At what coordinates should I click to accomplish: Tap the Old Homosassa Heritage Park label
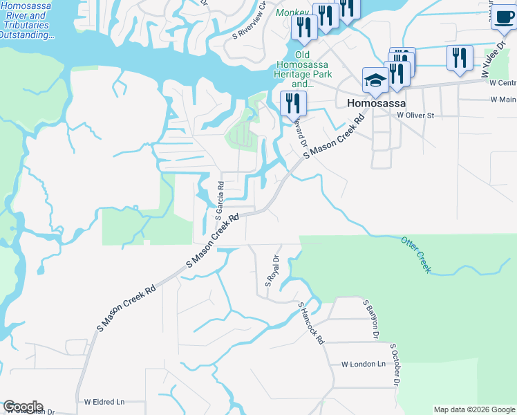[x=304, y=69]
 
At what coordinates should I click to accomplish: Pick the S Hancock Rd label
[x=311, y=323]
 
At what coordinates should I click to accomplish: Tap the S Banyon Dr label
[x=370, y=318]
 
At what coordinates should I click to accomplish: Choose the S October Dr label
[x=395, y=365]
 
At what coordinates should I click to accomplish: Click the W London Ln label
[x=363, y=364]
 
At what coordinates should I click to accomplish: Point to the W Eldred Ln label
[x=104, y=401]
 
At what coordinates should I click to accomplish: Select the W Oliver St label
[x=415, y=116]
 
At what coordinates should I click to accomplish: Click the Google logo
[x=23, y=407]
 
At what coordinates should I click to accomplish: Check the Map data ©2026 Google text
[x=473, y=409]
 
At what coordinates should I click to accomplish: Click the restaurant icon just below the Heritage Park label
[x=293, y=104]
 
